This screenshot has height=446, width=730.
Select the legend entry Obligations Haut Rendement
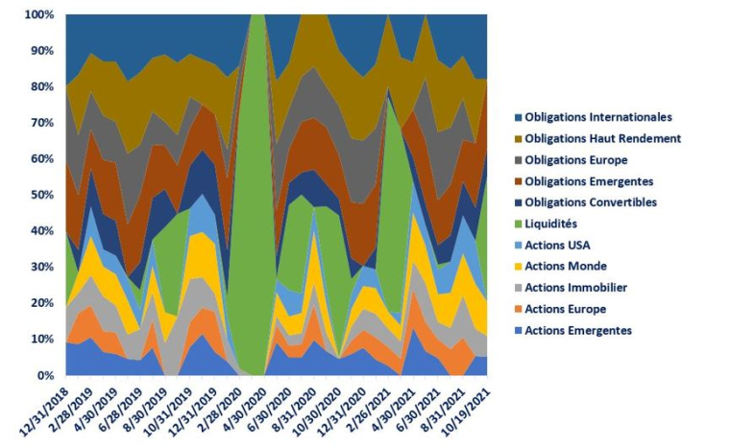[x=602, y=138]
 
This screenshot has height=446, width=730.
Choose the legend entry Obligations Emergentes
[x=589, y=181]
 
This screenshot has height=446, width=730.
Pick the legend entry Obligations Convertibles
[x=591, y=202]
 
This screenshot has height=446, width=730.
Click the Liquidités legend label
[x=556, y=223]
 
